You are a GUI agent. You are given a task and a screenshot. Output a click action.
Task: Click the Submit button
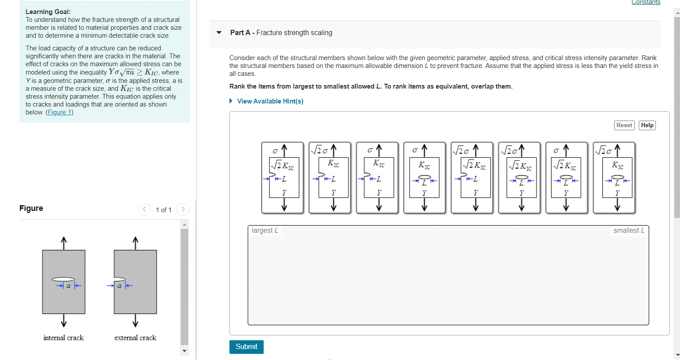pos(246,347)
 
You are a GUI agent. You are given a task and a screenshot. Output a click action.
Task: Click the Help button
pos(647,125)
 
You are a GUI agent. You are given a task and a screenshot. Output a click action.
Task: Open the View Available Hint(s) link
pos(270,101)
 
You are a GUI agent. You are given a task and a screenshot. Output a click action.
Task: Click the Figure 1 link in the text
pos(60,112)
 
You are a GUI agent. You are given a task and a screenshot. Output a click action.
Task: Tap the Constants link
pos(645,3)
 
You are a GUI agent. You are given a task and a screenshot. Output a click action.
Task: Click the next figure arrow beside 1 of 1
pos(183,210)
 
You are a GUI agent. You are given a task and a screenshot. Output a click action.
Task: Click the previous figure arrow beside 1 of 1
pos(144,210)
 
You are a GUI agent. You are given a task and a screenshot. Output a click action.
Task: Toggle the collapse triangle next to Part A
pos(219,33)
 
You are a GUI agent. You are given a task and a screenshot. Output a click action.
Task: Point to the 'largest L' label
pos(265,231)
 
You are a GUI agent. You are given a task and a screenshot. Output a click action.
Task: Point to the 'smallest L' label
pos(629,231)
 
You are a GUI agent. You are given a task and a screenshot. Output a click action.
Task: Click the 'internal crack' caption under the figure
pos(64,338)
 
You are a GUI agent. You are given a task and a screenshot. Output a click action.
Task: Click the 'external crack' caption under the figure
pos(135,338)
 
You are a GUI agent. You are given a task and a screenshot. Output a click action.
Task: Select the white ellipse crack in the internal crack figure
pos(63,279)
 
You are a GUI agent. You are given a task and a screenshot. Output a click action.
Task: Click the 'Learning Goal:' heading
pos(48,12)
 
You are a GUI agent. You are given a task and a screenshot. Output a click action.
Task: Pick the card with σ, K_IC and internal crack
pos(424,178)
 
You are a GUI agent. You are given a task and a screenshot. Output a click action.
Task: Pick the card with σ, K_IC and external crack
pos(377,178)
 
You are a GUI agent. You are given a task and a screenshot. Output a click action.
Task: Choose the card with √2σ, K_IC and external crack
pos(329,178)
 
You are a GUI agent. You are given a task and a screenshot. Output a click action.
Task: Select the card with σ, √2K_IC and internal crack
pos(566,178)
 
